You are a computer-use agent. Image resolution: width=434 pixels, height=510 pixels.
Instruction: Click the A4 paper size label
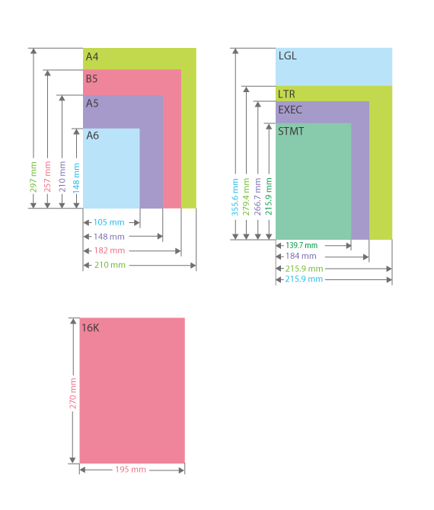92,57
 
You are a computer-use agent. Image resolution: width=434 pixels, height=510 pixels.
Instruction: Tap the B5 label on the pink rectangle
91,78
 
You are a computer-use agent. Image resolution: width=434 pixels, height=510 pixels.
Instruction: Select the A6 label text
92,135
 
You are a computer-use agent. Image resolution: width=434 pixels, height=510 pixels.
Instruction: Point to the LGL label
288,56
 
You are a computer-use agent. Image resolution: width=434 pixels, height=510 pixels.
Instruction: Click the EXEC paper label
290,110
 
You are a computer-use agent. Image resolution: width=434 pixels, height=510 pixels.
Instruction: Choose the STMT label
291,132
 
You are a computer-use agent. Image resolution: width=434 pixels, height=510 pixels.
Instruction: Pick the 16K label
91,328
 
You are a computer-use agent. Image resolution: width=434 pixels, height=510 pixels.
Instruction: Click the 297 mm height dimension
34,177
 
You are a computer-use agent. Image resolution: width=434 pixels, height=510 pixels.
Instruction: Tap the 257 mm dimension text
47,177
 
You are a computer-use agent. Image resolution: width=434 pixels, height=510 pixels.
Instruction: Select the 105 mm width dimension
109,222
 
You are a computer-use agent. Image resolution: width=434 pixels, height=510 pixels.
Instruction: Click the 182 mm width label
110,250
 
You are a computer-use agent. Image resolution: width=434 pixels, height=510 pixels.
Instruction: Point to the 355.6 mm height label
235,197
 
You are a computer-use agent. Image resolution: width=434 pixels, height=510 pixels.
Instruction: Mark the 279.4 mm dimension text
246,196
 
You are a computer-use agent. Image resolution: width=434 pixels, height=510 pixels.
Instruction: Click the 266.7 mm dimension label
257,196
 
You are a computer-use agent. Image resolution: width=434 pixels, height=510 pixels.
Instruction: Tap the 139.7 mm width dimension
302,245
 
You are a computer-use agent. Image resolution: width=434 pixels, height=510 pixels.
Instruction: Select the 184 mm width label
301,257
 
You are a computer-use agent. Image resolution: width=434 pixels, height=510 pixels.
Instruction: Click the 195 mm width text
130,470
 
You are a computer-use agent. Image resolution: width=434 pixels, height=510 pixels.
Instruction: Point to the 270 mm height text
73,394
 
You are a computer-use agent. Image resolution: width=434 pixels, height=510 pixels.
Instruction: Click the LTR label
286,94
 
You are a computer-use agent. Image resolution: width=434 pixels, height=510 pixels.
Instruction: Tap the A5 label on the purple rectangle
92,104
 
